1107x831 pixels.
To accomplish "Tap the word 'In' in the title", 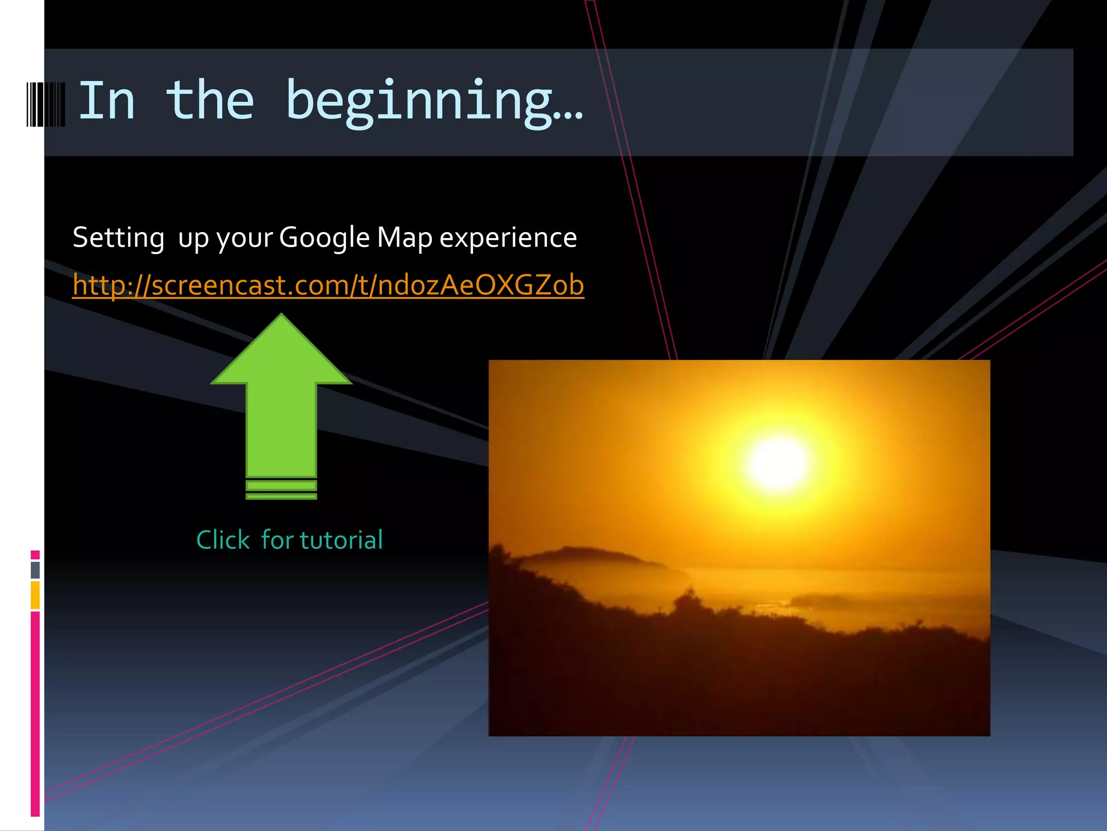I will coord(106,101).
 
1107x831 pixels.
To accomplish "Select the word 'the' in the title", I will coord(210,101).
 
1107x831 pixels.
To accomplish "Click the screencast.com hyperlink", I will coord(328,285).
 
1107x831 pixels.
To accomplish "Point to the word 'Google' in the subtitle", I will coord(324,238).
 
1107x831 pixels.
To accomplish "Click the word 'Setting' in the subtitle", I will coord(118,238).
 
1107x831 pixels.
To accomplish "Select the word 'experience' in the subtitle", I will coord(508,238).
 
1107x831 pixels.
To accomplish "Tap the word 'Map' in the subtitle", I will coord(404,238).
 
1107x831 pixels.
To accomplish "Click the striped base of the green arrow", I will coord(281,490).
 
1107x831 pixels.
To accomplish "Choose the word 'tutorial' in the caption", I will coord(341,540).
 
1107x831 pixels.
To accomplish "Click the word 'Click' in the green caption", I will coord(223,540).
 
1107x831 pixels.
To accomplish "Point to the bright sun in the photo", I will coord(778,463).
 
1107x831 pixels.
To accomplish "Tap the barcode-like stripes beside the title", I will coord(46,104).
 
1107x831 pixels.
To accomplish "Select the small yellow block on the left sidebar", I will coord(35,595).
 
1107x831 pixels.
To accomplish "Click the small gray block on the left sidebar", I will coord(35,570).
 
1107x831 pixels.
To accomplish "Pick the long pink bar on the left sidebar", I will coord(35,714).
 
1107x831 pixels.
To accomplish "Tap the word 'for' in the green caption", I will coord(277,540).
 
